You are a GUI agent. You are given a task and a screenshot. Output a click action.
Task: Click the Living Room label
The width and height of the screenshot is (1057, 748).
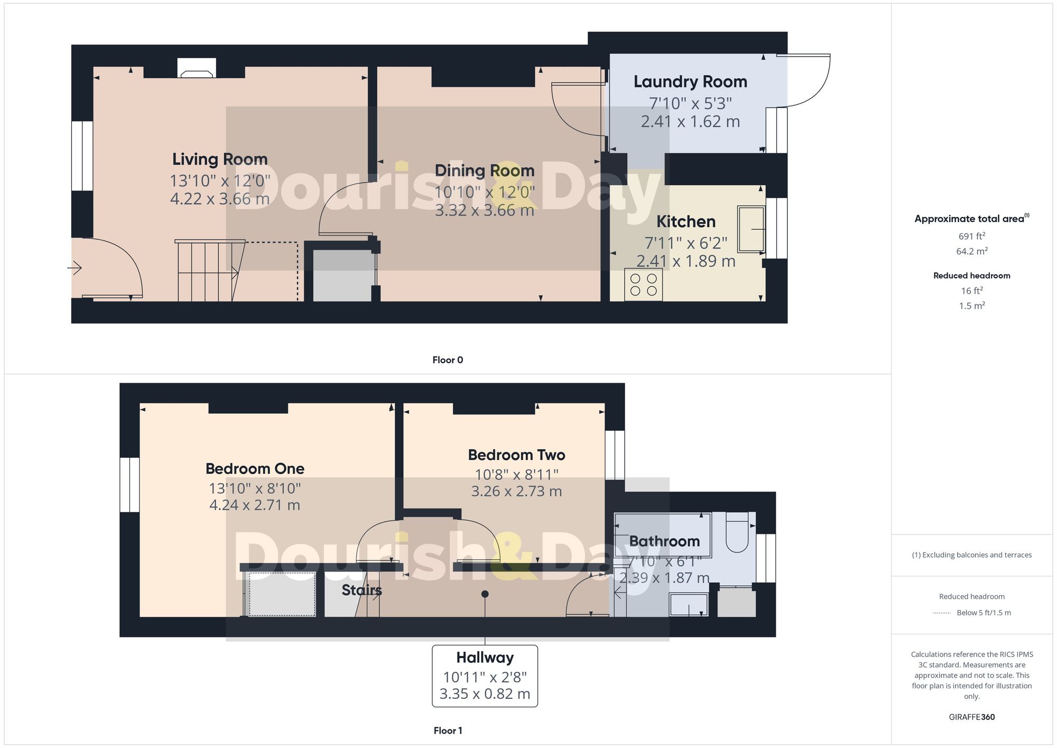pos(220,159)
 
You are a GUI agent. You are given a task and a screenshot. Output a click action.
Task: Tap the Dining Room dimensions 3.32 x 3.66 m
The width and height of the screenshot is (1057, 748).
pos(484,210)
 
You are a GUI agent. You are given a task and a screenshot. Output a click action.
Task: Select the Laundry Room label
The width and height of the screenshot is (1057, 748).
pos(690,82)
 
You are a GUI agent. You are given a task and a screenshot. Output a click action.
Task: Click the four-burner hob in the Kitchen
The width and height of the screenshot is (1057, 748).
pos(643,285)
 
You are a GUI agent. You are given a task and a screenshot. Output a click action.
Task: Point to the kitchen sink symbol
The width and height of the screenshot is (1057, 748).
pos(751,229)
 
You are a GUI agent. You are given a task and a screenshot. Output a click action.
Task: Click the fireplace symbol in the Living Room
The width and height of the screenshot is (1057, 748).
pos(197,68)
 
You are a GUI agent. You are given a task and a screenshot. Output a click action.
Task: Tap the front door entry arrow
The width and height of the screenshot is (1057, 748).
pos(75,268)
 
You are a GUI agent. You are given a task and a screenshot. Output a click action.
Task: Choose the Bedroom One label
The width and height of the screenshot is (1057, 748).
pos(255,469)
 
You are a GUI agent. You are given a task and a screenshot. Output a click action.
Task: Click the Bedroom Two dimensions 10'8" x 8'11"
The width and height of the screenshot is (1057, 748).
pos(516,474)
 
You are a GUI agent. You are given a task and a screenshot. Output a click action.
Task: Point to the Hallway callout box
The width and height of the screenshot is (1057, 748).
pos(485,676)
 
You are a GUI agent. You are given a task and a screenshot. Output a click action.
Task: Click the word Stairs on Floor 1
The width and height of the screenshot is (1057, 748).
pos(361,590)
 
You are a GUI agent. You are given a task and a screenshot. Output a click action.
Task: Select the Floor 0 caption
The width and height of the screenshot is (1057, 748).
pos(448,360)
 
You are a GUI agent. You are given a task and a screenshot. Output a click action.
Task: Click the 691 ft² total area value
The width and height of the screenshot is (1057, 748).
pos(971,236)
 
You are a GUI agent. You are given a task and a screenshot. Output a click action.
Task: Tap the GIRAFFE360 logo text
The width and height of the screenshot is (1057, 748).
pos(971,717)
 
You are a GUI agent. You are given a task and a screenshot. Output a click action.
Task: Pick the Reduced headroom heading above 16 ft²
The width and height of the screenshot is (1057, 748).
pos(971,275)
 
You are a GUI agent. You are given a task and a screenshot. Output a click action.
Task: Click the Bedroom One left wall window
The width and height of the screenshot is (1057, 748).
pos(129,485)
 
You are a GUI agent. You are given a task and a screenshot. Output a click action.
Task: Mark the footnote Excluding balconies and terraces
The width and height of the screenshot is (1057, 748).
pos(971,555)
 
